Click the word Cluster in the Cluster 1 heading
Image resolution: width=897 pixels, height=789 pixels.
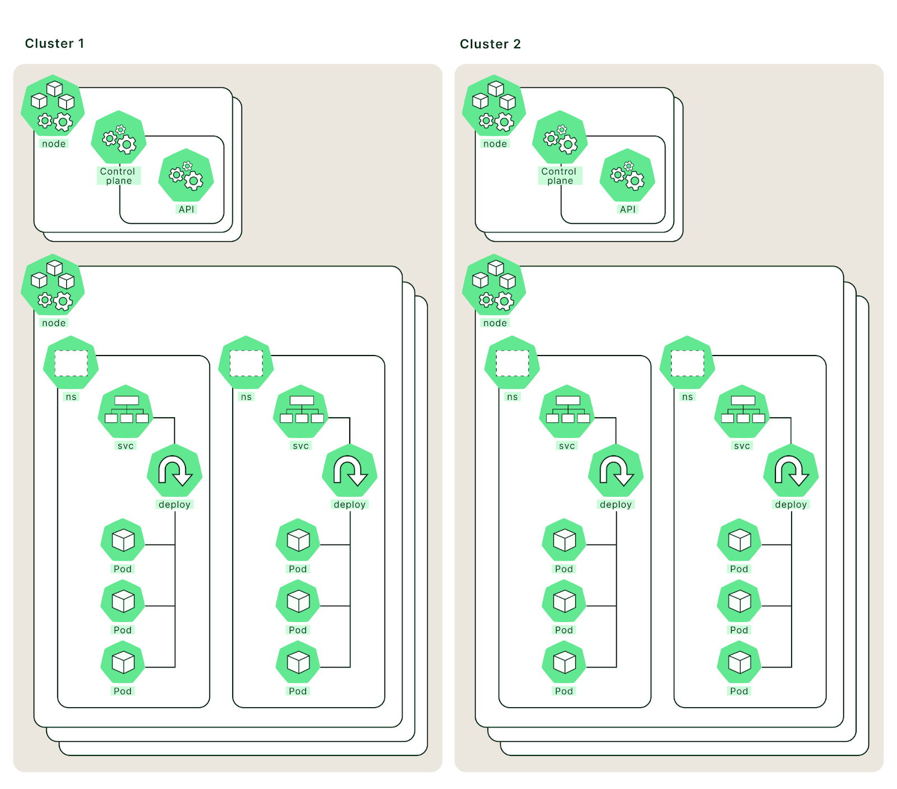pos(49,44)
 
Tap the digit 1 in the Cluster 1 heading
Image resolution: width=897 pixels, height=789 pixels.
pos(81,44)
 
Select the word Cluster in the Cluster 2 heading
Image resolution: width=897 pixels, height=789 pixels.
pos(484,44)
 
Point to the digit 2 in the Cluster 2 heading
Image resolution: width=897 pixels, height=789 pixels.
pos(517,44)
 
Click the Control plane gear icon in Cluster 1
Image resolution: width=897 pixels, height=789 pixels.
pos(119,138)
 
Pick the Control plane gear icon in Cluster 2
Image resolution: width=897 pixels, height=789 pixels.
pos(560,138)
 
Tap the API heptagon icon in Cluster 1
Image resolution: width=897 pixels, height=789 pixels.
pos(186,176)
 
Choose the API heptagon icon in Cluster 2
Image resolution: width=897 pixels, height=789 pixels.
pos(627,176)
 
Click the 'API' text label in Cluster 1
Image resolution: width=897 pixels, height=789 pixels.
pos(186,209)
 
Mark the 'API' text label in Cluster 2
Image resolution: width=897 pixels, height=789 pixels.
pos(628,209)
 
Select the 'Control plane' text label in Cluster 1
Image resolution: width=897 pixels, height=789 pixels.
pos(118,176)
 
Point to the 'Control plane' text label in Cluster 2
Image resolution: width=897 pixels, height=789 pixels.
pos(560,176)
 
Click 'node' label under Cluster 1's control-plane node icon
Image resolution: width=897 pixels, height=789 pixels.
pos(54,144)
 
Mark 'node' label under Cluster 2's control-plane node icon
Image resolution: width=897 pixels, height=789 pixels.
pos(495,144)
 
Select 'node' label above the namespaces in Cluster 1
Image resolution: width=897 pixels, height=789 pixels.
pos(54,323)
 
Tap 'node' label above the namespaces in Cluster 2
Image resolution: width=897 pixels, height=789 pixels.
pos(495,323)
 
